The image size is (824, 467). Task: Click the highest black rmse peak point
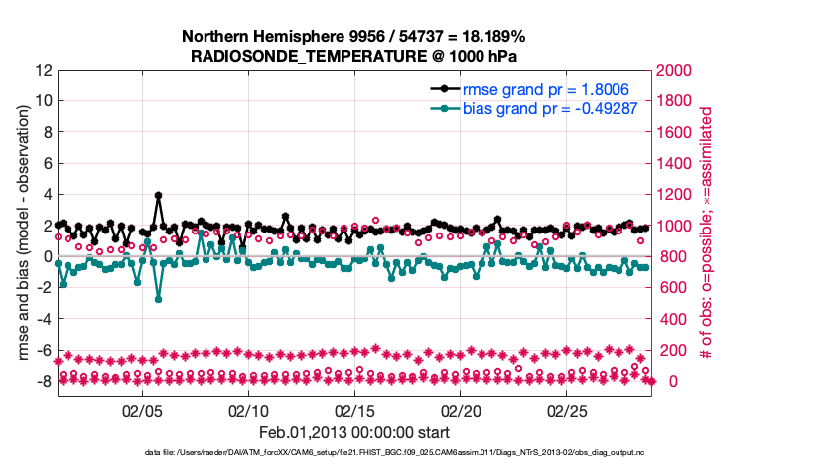(x=158, y=196)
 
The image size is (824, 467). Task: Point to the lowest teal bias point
(x=158, y=299)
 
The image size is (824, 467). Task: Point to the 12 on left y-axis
(x=44, y=71)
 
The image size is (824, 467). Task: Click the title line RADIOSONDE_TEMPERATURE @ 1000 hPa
(x=353, y=56)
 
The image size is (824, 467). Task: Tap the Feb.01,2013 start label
(x=354, y=432)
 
